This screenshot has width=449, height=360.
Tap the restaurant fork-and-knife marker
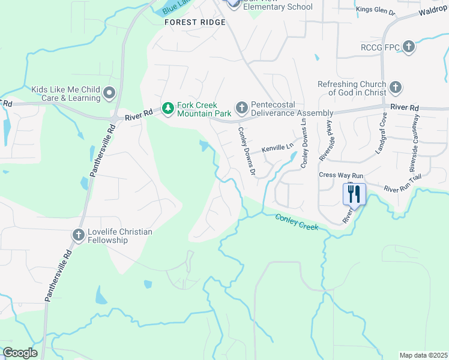[x=354, y=194]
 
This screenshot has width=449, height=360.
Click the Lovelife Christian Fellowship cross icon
[x=79, y=236]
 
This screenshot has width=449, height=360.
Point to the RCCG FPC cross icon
[x=408, y=47]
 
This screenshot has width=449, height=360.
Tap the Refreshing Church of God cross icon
[x=395, y=88]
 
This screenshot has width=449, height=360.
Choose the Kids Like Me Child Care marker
[x=109, y=94]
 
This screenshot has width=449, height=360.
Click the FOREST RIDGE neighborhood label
[x=196, y=22]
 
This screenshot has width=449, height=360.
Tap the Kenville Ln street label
[x=277, y=147]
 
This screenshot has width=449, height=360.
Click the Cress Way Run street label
[x=342, y=175]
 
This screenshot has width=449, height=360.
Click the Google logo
[x=20, y=353]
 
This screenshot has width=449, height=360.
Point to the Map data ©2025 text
[x=423, y=355]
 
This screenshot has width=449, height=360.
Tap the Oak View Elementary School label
[x=278, y=7]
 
